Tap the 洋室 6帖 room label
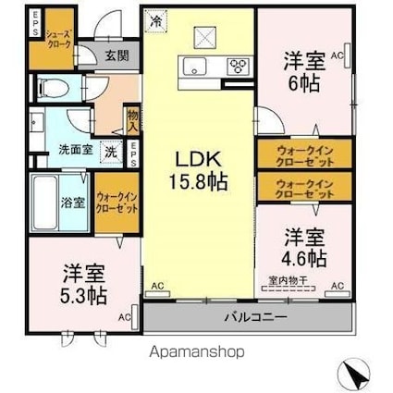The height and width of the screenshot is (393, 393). (x=303, y=71)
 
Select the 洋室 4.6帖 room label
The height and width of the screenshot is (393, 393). (x=303, y=244)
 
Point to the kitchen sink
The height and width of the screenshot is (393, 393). (x=197, y=65)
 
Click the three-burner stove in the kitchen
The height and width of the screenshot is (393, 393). (x=239, y=65)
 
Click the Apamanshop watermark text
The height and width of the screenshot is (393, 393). (x=196, y=352)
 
